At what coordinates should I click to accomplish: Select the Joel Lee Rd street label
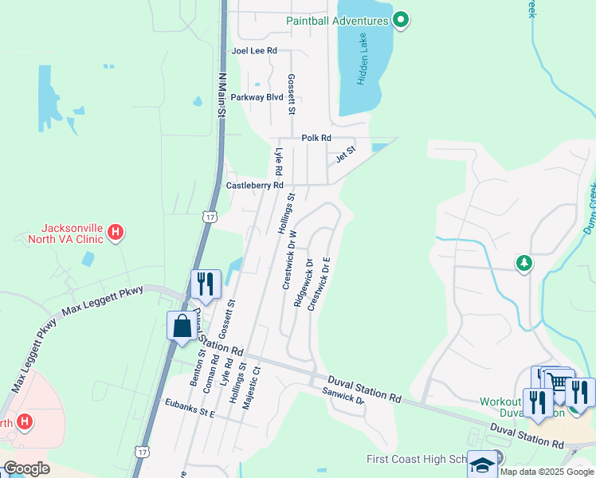pyautogui.click(x=253, y=50)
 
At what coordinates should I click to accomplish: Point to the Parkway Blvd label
pyautogui.click(x=257, y=97)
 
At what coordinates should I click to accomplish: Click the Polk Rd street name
pyautogui.click(x=316, y=138)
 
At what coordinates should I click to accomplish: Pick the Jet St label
pyautogui.click(x=345, y=153)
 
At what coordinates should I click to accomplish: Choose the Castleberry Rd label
pyautogui.click(x=255, y=185)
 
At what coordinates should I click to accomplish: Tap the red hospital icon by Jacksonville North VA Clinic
pyautogui.click(x=116, y=233)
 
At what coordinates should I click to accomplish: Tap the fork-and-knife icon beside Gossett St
pyautogui.click(x=205, y=284)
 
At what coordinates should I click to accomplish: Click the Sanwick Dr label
pyautogui.click(x=343, y=394)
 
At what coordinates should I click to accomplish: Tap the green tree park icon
pyautogui.click(x=523, y=263)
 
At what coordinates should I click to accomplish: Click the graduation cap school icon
pyautogui.click(x=482, y=464)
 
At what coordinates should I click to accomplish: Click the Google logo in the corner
pyautogui.click(x=26, y=468)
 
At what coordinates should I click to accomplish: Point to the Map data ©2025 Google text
pyautogui.click(x=547, y=472)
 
